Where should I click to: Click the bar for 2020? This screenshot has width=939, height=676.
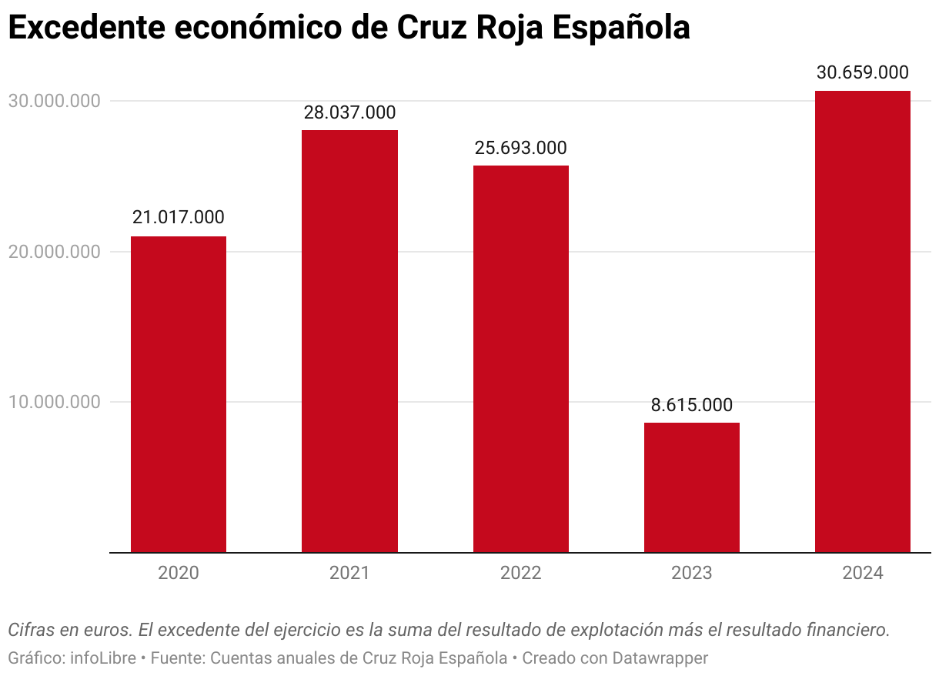179,394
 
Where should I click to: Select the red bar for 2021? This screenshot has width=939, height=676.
349,341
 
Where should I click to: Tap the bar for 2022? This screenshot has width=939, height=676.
521,359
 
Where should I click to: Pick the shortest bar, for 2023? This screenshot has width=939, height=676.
692,487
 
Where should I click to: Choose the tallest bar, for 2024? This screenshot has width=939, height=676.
863,322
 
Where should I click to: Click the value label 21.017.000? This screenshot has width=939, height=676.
179,218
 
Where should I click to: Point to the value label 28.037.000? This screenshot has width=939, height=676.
349,112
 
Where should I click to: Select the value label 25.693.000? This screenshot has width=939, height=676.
521,148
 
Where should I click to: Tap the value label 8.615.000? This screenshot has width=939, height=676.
692,405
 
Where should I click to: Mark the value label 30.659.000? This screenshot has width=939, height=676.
863,73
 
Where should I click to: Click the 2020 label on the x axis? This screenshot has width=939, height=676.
179,574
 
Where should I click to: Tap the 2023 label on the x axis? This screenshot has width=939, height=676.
692,574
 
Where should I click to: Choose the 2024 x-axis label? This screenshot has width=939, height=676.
863,574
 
